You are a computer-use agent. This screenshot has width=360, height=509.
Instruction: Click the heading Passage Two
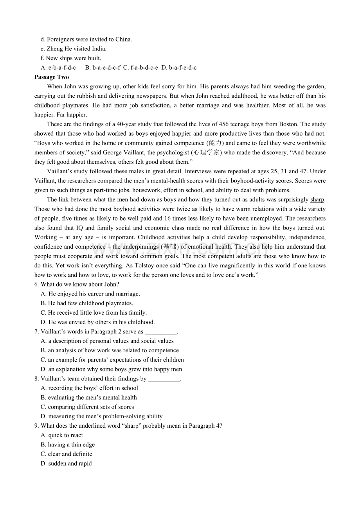click(52, 77)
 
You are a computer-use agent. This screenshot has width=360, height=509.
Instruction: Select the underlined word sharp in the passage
click(317, 200)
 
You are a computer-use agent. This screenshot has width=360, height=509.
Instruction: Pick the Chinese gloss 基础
click(170, 247)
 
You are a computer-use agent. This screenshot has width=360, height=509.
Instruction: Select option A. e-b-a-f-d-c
click(58, 68)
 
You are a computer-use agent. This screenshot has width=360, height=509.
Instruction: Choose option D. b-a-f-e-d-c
click(179, 68)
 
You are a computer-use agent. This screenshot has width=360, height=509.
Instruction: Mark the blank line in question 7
click(160, 332)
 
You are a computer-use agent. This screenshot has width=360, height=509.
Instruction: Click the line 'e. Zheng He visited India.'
click(74, 49)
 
